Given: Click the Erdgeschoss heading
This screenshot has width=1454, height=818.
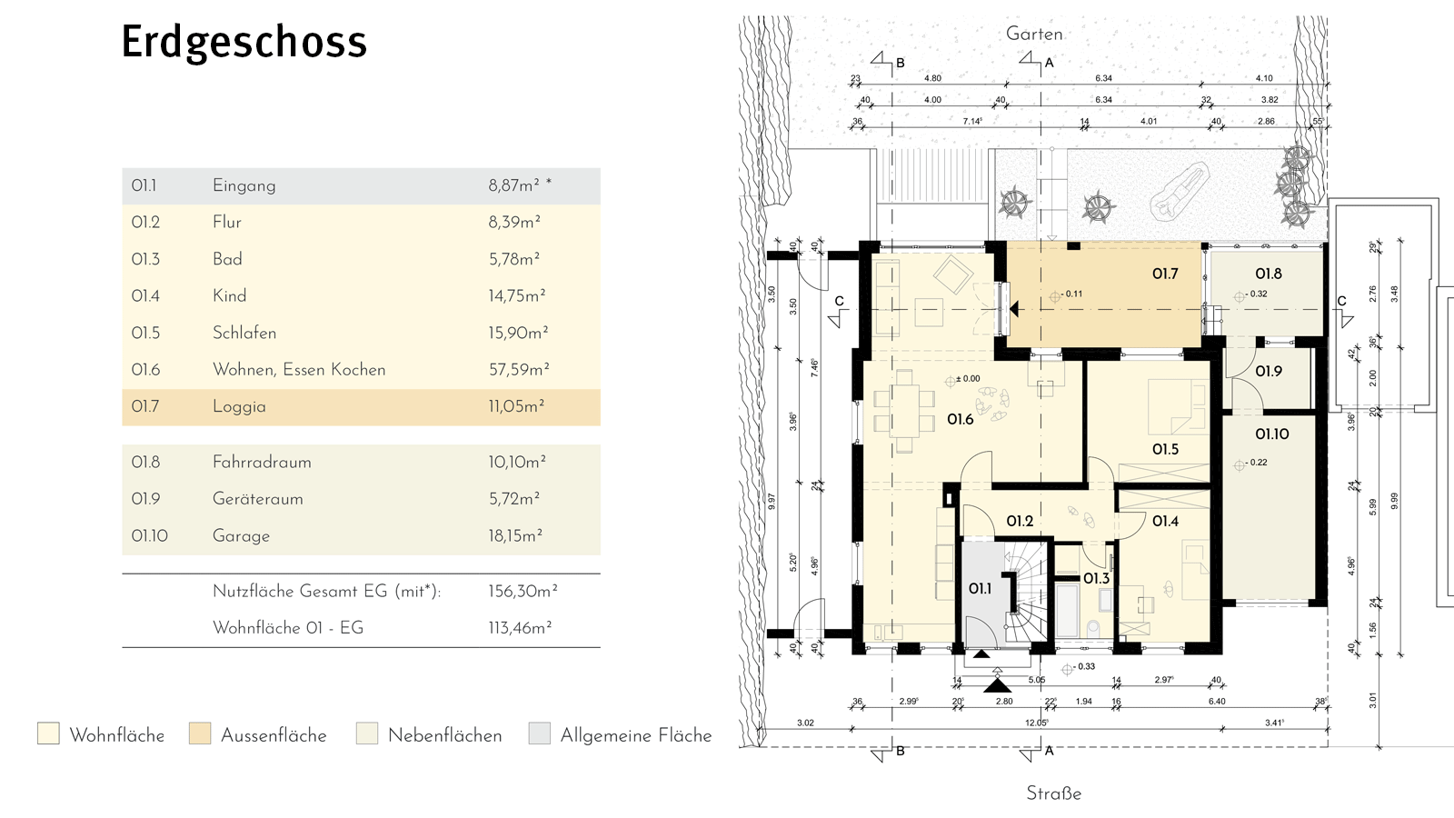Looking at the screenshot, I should pos(244,42).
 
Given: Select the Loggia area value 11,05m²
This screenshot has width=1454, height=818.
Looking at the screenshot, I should pos(516,406).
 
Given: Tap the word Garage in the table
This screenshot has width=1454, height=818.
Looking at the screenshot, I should pos(241,536).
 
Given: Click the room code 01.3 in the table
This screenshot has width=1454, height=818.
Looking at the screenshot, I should pos(145,259).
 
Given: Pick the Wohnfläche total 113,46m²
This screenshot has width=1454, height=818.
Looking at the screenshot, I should pos(520,628).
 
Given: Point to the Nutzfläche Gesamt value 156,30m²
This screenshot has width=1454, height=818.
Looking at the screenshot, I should pos(523,591).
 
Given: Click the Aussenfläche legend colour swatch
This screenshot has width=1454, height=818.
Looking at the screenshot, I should pos(200,733).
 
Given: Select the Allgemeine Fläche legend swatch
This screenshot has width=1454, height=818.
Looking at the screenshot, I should pos(540,733).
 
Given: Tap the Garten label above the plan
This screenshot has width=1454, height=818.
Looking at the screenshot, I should pos(1034,34).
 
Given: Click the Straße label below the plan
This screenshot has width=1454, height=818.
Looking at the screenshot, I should pos(1053,793).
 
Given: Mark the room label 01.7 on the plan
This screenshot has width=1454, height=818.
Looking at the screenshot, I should pos(1165,274).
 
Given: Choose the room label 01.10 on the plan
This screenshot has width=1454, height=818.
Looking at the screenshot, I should pos(1271,434).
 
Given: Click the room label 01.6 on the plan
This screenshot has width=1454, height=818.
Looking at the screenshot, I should pos(961,419).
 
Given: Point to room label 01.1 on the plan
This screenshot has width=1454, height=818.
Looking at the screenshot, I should pos(980,588).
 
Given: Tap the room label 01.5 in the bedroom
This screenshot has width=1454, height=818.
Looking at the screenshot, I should pos(1165,449).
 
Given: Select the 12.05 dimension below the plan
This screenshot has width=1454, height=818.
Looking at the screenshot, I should pos(1036,723).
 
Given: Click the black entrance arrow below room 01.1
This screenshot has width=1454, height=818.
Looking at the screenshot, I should pos(997,684).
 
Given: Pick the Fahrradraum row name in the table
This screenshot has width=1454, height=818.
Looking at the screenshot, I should pos(262,462).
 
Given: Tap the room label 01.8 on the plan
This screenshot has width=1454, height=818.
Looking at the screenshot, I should pos(1269,274).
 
